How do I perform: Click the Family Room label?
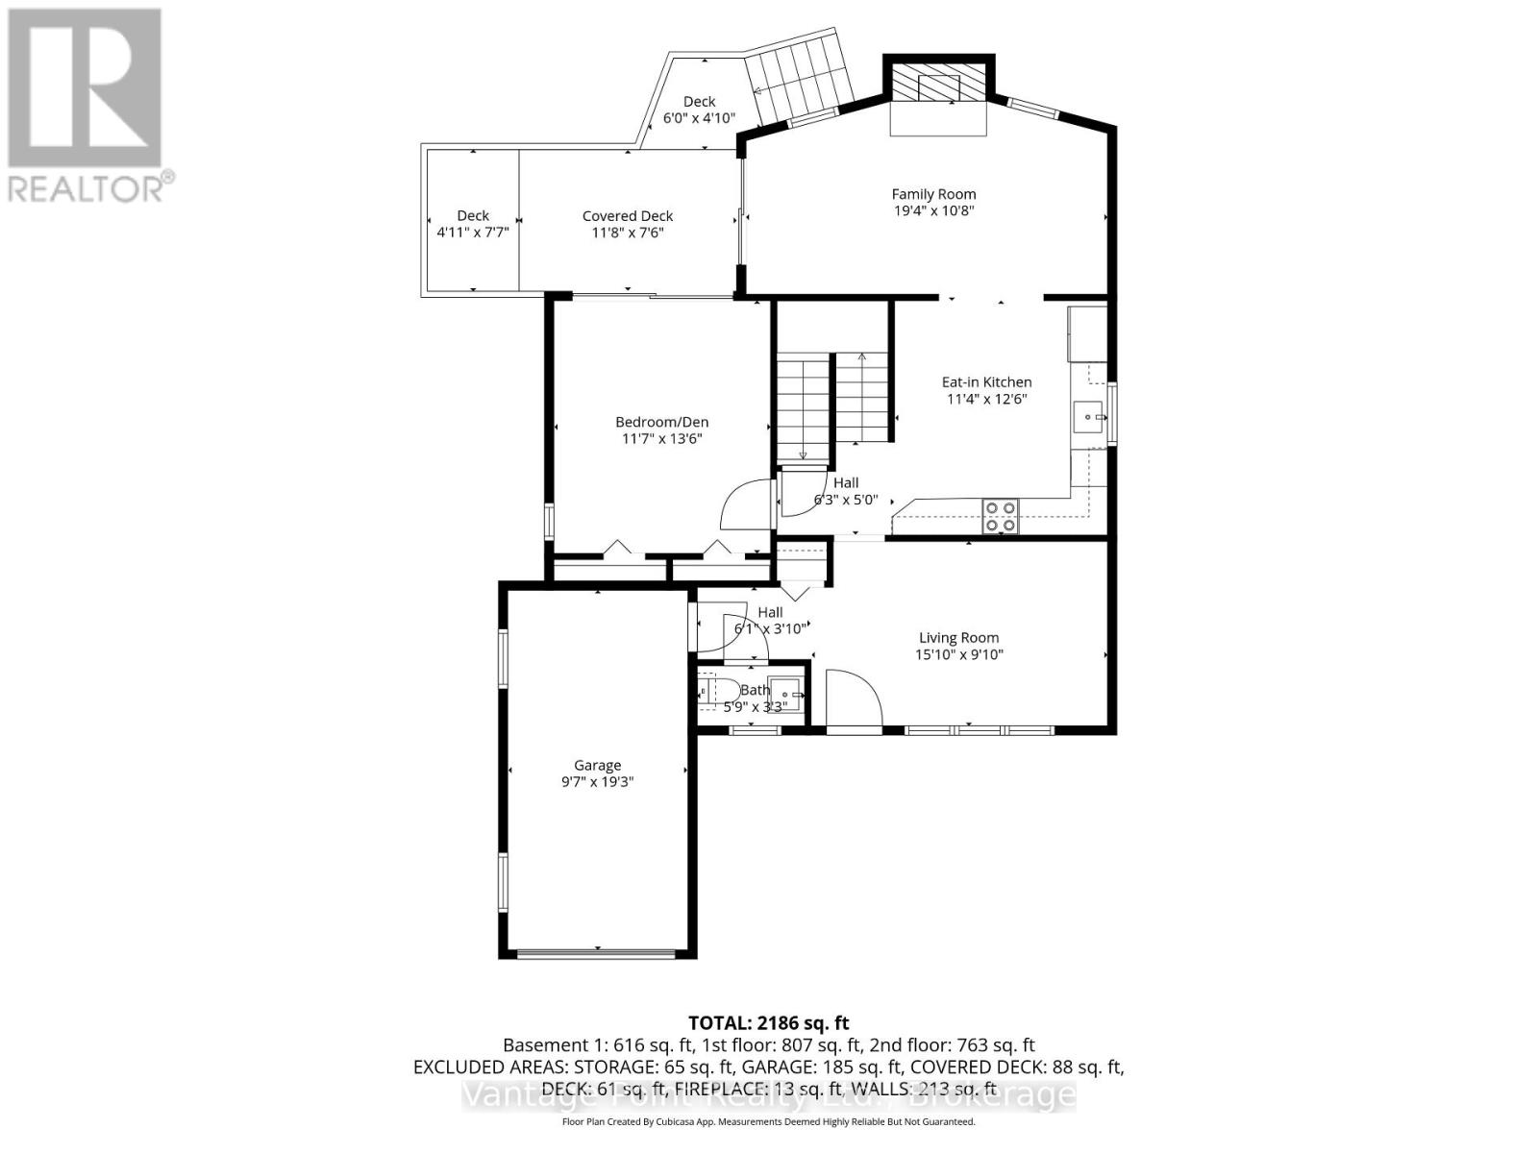click(933, 194)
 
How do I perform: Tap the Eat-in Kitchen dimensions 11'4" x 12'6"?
click(986, 399)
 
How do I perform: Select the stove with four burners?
click(1000, 516)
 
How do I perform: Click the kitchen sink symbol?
click(1089, 417)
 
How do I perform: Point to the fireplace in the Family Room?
click(938, 86)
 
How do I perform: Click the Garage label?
click(597, 765)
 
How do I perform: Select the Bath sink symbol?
click(789, 692)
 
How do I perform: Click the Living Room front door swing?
click(854, 699)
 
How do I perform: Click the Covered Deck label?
click(628, 216)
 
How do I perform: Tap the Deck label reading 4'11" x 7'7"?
click(472, 232)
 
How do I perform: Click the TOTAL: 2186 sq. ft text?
click(768, 1023)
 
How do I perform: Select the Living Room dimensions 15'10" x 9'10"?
click(958, 654)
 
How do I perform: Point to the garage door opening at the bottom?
click(597, 953)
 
